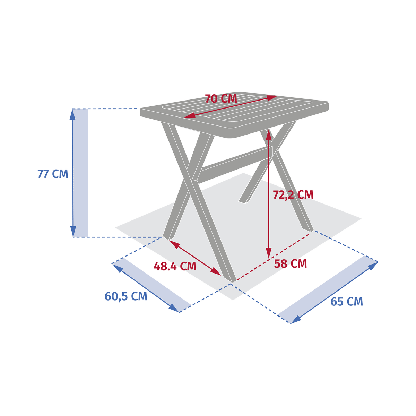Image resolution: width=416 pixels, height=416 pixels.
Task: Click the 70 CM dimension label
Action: click(x=221, y=98)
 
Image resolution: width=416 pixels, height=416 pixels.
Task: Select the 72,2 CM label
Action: click(x=293, y=195)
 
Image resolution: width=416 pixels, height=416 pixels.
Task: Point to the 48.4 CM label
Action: click(x=175, y=266)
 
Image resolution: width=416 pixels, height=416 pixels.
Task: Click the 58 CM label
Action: click(x=291, y=264)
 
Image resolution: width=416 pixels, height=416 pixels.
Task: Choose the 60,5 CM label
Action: click(x=126, y=296)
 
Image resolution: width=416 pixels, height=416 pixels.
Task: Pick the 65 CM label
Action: click(x=346, y=302)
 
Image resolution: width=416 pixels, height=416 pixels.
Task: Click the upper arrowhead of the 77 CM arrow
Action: click(x=72, y=114)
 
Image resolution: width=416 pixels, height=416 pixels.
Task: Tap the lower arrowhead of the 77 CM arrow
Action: click(x=73, y=232)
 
